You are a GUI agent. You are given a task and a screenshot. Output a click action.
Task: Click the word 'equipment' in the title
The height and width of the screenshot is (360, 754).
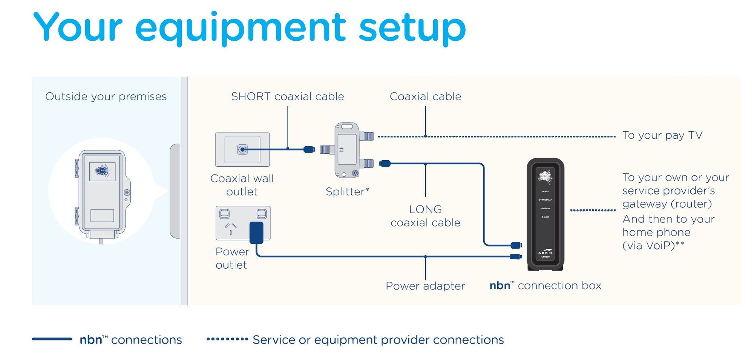point(240,28)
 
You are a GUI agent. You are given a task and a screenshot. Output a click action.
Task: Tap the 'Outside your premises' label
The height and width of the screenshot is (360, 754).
point(106,97)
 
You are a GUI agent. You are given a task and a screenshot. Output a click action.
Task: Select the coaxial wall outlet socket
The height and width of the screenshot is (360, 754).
point(242,150)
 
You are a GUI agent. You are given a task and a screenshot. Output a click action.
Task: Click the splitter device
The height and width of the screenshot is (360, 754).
point(347,150)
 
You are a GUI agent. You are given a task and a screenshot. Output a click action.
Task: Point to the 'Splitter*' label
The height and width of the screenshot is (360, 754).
point(347,191)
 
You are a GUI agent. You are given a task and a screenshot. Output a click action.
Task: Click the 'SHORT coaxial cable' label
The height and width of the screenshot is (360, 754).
point(287,97)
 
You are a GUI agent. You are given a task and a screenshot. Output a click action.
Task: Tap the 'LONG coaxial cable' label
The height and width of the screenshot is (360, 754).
point(425,216)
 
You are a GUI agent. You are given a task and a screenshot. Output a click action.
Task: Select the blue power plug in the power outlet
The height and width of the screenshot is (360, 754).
point(256,232)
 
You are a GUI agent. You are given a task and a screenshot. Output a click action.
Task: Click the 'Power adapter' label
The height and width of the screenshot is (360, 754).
point(425,286)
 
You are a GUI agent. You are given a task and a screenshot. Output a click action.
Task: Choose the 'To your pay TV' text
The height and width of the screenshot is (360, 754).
point(662,135)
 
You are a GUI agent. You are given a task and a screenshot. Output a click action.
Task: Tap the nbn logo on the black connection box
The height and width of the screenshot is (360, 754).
point(545,176)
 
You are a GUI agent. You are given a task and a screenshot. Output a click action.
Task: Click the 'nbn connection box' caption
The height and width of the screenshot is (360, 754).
point(545,286)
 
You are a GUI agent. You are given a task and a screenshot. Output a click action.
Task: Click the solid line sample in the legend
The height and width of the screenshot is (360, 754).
point(52,339)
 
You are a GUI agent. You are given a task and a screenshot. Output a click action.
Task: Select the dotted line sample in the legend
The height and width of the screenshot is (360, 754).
point(227,339)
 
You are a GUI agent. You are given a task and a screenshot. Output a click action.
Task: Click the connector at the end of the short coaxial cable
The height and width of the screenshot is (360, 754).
point(309,150)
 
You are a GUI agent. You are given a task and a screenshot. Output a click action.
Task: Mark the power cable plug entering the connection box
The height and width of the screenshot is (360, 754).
point(516,257)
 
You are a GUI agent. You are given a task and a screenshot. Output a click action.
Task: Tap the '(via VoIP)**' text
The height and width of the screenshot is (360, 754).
point(653,246)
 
